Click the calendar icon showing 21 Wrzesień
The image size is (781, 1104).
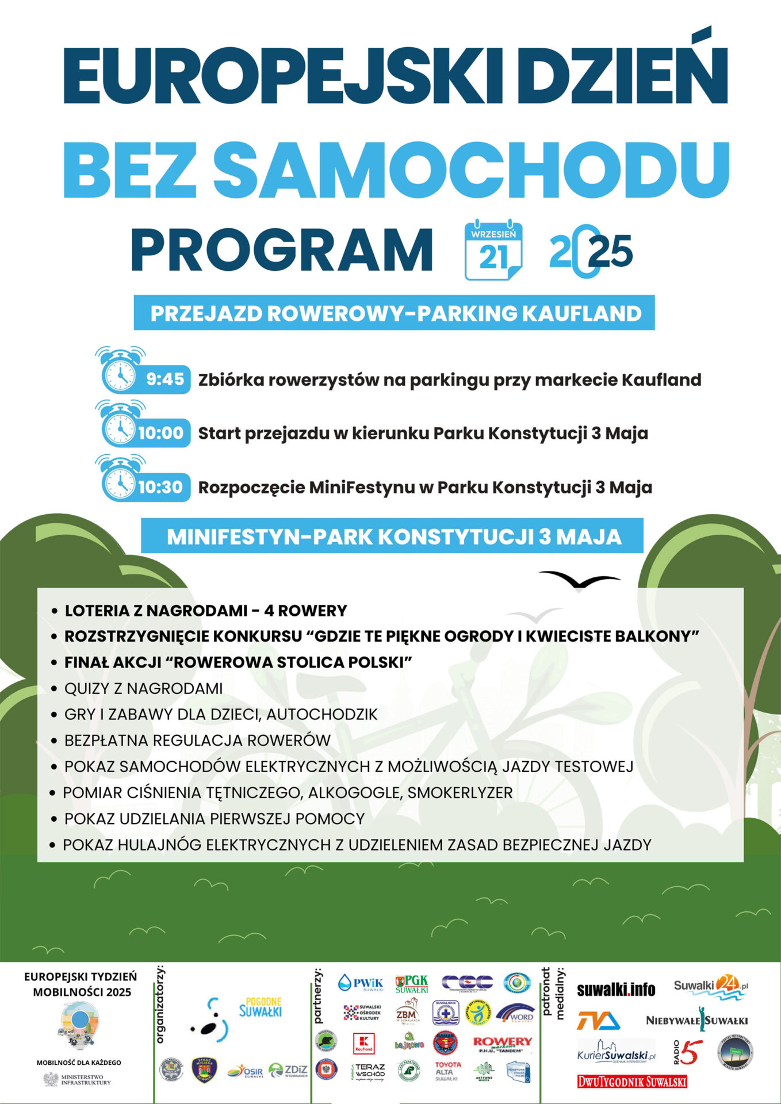tap(493, 251)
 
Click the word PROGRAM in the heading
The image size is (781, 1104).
tap(282, 251)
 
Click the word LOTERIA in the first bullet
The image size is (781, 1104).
tap(97, 611)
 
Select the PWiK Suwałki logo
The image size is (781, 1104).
tap(361, 983)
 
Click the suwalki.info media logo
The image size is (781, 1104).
tap(615, 990)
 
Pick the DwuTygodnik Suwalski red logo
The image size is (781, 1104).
tap(631, 1082)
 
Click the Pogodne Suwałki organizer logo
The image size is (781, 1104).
tap(260, 1007)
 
